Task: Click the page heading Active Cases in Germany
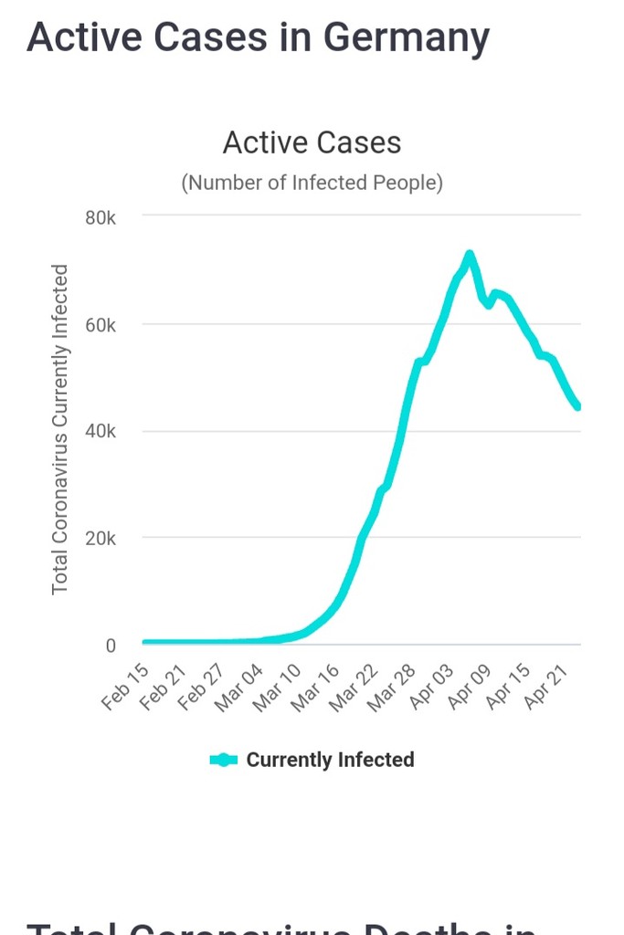pos(258,37)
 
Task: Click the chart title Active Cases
pos(312,143)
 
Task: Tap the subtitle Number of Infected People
pos(312,183)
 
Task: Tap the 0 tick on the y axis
pos(111,646)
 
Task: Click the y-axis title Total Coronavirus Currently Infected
pos(60,429)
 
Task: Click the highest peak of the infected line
pos(469,255)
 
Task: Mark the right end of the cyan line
pos(578,406)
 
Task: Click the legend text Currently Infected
pos(330,760)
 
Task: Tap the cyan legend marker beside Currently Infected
pos(224,760)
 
